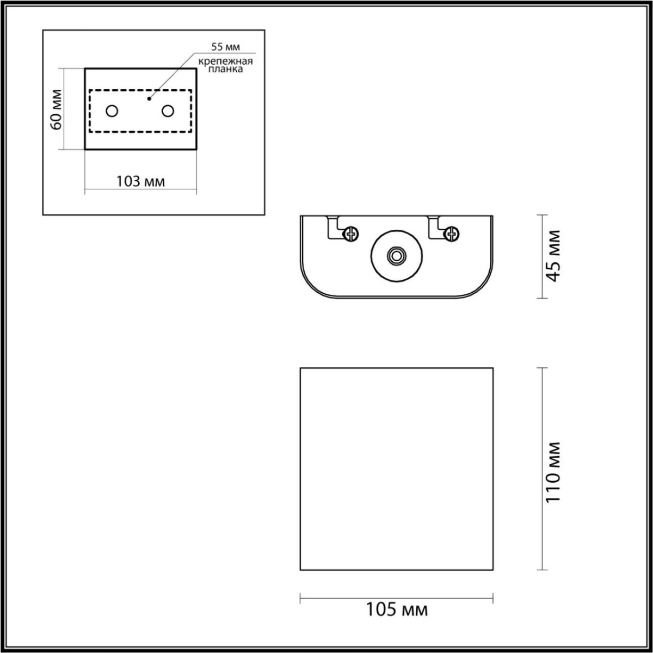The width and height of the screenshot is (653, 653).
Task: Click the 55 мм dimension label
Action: tap(225, 47)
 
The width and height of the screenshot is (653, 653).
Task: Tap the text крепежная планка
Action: tap(225, 66)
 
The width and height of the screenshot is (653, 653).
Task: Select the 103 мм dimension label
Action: tap(140, 181)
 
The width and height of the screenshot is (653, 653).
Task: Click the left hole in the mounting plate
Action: tap(112, 111)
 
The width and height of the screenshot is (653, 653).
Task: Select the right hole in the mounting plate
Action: tap(168, 111)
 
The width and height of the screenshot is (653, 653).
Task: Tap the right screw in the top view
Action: tap(451, 234)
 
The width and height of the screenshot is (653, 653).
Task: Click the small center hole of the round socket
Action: tap(397, 255)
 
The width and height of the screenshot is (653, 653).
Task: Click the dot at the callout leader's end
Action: tap(149, 99)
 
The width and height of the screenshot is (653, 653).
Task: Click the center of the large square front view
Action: tap(397, 469)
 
